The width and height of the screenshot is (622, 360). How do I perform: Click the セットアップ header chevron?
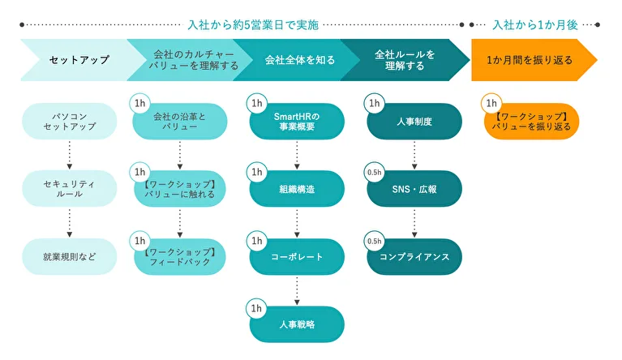coord(73,60)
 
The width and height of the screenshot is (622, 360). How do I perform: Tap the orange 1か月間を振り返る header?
coord(531,60)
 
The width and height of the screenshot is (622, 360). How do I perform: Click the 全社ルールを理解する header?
coord(405,60)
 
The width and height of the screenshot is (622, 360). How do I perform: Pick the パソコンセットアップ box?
coord(69,122)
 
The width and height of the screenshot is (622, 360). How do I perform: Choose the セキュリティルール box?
coord(69,189)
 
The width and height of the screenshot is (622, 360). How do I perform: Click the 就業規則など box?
coord(69,256)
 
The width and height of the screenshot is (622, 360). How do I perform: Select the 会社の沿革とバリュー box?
coord(180,122)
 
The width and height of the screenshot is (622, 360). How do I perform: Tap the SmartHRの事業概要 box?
coord(298,122)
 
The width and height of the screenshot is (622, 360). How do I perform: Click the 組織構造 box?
coord(298,189)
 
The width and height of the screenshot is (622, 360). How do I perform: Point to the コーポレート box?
coord(298,256)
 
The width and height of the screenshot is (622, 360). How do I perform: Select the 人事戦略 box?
coord(298,324)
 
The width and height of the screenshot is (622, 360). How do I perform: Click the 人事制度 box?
coord(414,122)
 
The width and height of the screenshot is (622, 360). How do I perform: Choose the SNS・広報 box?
coord(414,189)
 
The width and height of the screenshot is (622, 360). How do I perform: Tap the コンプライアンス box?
coord(414,256)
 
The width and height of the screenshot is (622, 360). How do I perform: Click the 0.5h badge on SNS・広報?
coord(374,174)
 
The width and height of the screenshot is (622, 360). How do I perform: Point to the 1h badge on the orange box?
coord(491,104)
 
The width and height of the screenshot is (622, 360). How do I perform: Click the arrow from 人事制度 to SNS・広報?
coord(414,155)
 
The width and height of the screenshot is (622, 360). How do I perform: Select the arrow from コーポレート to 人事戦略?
coord(298,290)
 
